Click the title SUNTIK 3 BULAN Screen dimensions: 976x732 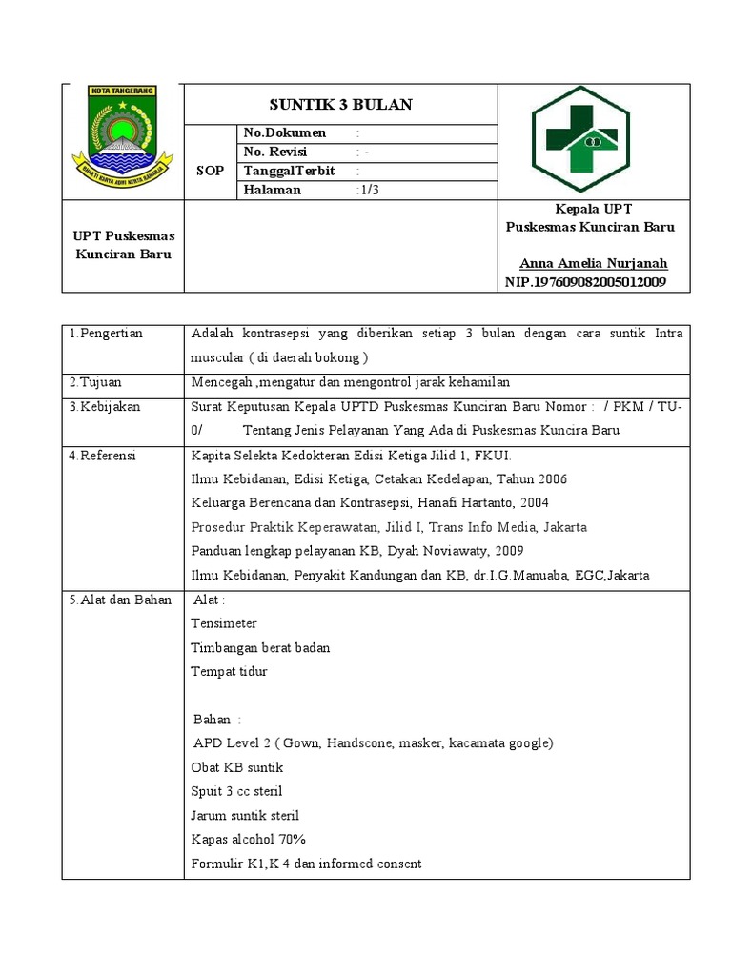340,104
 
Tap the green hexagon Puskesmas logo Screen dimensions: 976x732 580,140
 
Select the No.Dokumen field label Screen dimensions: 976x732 285,133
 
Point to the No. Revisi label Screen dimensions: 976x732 278,152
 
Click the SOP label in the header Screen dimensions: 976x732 210,172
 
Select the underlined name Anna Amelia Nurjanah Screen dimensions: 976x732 593,264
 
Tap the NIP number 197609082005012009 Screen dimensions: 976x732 585,283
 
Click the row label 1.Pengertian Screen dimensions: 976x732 106,334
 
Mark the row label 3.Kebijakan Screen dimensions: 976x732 105,407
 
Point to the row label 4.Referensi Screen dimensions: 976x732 103,457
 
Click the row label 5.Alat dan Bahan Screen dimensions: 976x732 120,600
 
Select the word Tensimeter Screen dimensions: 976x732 224,623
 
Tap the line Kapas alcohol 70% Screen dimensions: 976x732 248,840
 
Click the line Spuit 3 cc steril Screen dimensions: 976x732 236,791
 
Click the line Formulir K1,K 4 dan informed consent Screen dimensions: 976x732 306,864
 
